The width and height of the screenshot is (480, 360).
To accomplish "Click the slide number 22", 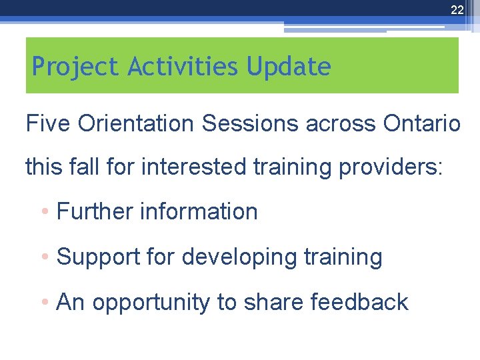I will [457, 9].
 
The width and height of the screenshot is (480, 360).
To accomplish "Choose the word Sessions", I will [247, 123].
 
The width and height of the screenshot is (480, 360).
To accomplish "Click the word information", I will [199, 211].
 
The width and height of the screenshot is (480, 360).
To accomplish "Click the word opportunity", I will [151, 303].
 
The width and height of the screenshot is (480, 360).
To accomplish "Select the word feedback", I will [359, 302].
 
